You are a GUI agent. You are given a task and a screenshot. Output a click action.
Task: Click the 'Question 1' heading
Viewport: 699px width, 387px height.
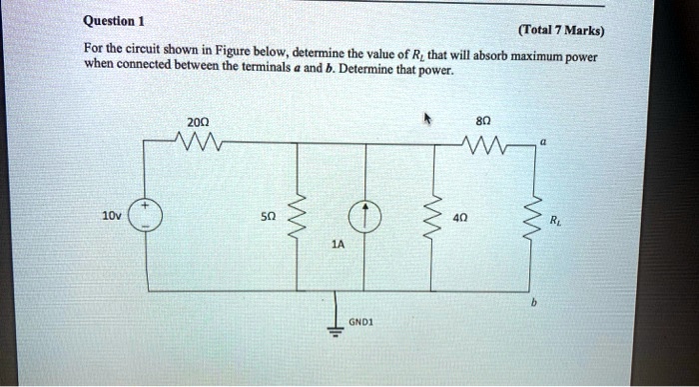(116, 21)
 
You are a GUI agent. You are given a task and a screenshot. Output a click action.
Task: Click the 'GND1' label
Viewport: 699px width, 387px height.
(362, 323)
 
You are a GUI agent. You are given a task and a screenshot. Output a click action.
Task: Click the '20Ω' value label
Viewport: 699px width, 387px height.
(197, 121)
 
